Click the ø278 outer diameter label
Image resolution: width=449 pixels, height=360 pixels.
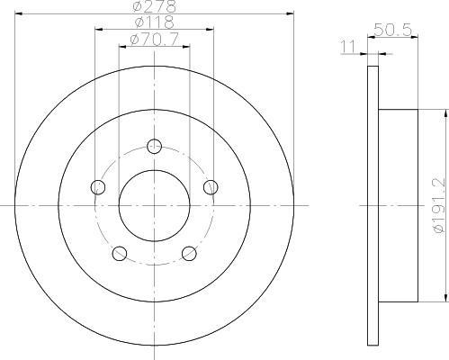[154, 6]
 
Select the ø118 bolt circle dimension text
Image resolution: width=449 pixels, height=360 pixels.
[154, 22]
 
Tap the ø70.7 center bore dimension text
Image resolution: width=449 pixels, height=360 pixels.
[154, 39]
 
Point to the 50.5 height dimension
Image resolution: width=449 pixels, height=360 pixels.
[392, 30]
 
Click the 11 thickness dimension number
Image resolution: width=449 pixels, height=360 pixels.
[349, 47]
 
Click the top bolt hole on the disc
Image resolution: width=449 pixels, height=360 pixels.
[154, 147]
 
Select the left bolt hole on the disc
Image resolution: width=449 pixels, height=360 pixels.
[98, 187]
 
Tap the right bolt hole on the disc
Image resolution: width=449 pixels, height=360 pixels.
[211, 187]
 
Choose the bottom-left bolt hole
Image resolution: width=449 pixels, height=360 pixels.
[120, 254]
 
